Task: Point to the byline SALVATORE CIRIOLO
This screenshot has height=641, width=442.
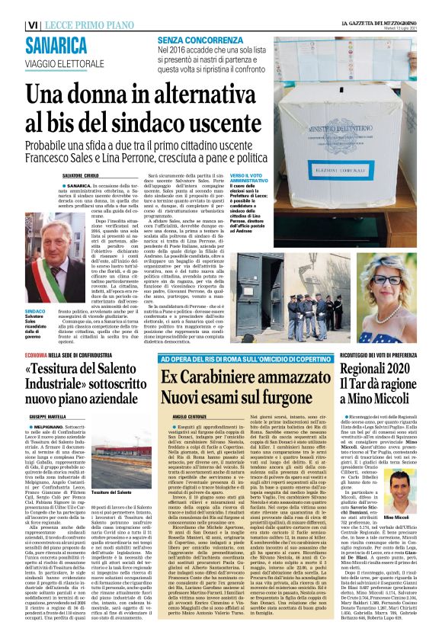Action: [x=85, y=175]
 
